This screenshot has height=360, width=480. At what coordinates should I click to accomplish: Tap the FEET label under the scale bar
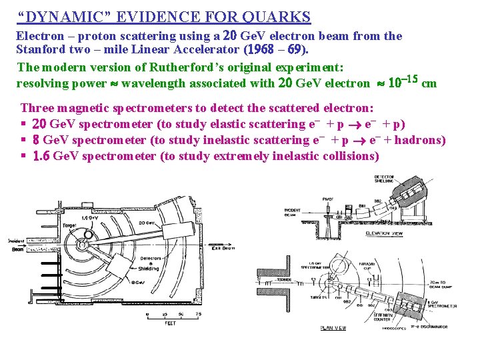tap(171, 323)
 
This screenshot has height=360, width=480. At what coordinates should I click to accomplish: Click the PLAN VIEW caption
tap(333, 327)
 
